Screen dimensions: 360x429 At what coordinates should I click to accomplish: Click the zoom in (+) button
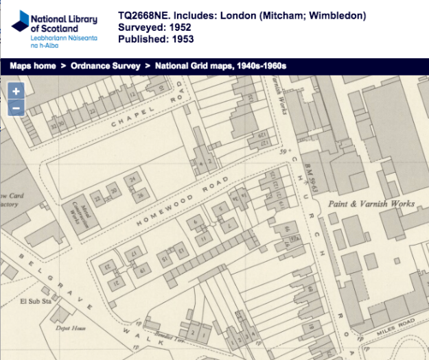[16, 91]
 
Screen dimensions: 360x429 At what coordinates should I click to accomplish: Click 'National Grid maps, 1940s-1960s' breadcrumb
[220, 67]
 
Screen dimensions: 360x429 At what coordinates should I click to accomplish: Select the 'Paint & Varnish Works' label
[371, 204]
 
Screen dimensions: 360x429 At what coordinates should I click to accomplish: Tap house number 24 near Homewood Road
[133, 179]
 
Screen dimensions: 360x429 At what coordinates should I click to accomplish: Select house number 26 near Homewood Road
[141, 194]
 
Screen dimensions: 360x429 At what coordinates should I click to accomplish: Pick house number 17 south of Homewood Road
[135, 255]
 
